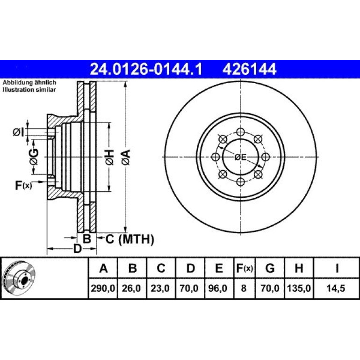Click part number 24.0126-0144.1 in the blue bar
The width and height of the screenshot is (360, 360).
click(146, 69)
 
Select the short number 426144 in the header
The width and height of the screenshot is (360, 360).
click(249, 69)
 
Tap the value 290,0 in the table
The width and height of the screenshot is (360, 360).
click(103, 288)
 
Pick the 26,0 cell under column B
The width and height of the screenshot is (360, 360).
click(131, 288)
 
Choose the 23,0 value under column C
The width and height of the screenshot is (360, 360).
click(160, 288)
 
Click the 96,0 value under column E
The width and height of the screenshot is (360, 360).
click(218, 288)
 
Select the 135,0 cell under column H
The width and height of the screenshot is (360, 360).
click(299, 288)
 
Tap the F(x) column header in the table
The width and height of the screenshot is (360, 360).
click(245, 268)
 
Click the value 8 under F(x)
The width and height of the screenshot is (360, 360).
click(244, 288)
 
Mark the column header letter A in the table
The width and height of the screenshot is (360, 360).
click(103, 268)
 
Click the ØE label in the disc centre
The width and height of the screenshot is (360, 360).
click(240, 157)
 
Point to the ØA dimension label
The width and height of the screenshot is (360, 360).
click(126, 157)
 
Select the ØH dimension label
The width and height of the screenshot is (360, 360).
click(109, 157)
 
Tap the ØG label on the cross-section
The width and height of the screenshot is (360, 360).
click(34, 157)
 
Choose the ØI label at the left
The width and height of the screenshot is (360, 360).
click(18, 132)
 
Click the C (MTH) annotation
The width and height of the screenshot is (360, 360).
click(130, 239)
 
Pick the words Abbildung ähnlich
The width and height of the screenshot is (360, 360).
click(29, 82)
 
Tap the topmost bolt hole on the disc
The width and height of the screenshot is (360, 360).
click(240, 132)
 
